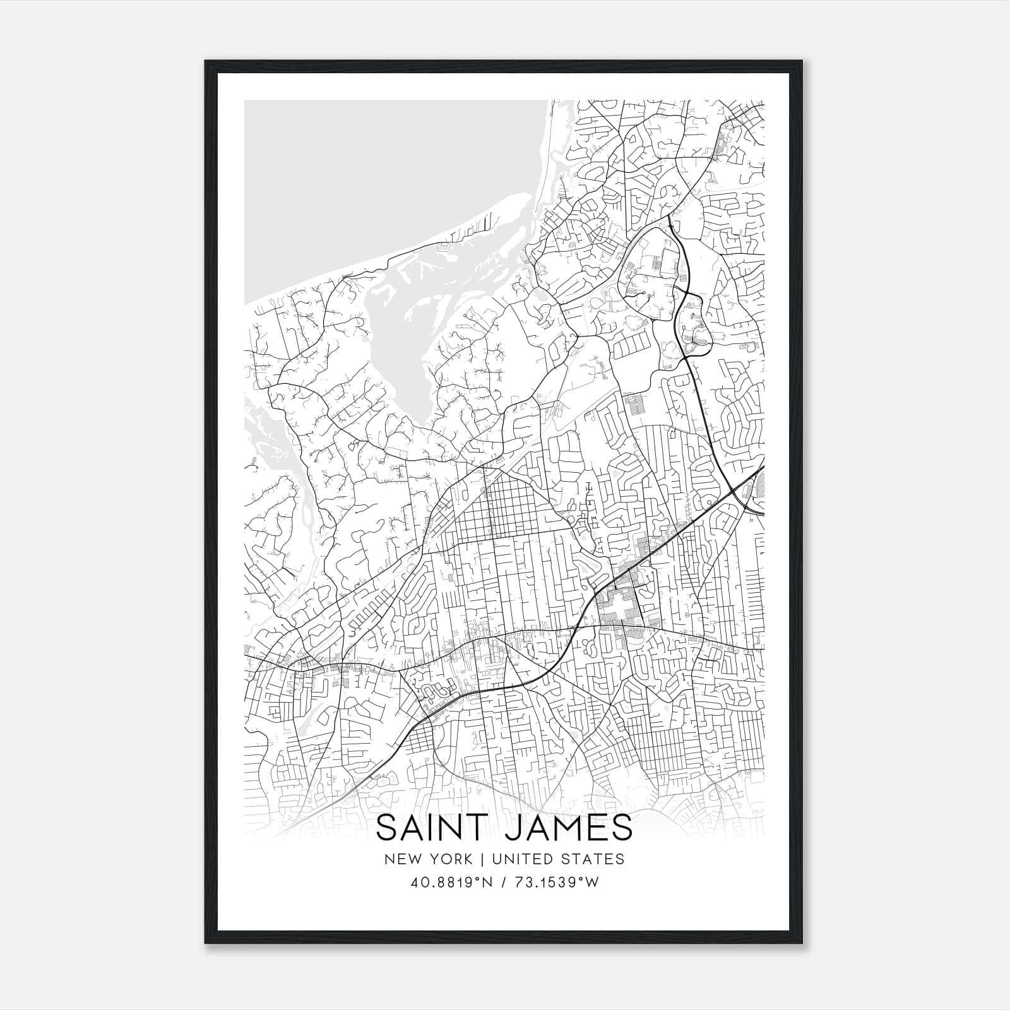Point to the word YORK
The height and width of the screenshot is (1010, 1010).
coord(449,859)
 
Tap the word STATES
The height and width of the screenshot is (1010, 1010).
coord(593,859)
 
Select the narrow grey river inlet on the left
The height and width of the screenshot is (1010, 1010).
coord(265,436)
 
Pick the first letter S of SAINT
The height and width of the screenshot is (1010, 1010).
coord(387,828)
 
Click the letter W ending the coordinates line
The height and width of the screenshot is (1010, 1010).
coord(592,882)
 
